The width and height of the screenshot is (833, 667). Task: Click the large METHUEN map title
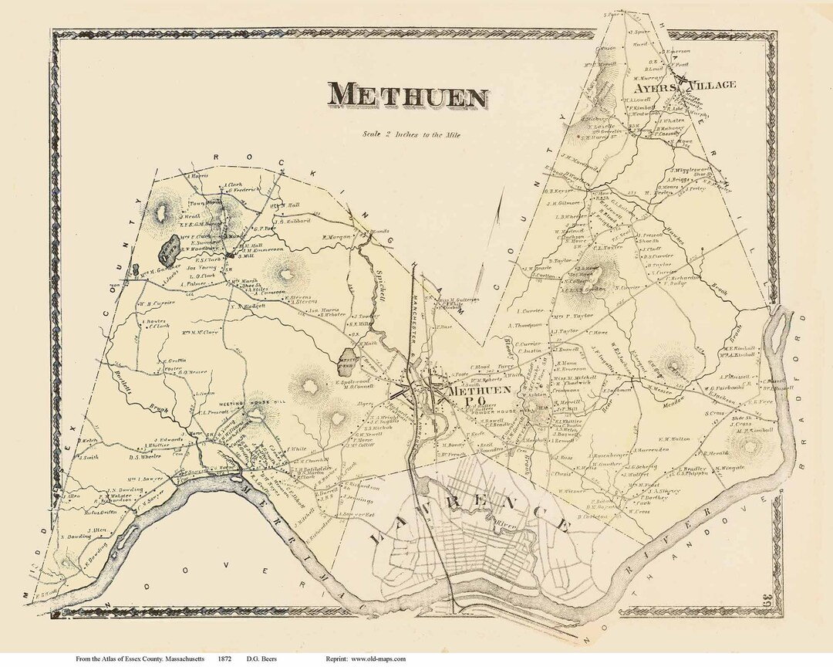pos(409,96)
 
